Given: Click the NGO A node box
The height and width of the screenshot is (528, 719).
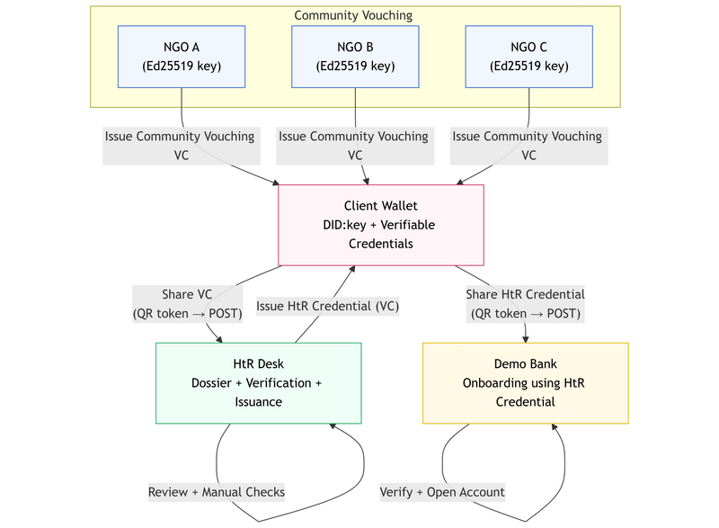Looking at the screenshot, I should [182, 56].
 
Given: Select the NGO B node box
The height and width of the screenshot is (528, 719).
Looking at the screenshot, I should [356, 56].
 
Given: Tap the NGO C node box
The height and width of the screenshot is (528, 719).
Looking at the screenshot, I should [528, 56].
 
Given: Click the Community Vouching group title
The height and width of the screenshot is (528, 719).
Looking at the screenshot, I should [355, 15].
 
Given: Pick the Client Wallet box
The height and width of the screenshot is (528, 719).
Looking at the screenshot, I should [381, 225].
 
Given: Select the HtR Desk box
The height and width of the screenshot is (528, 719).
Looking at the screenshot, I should [259, 382].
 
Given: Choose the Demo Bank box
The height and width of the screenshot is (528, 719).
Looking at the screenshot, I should [525, 382].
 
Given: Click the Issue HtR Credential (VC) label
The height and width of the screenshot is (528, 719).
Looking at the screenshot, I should [328, 306].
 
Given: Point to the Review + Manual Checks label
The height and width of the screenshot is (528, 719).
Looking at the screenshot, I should [217, 492].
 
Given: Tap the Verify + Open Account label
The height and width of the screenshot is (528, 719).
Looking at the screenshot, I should [442, 492].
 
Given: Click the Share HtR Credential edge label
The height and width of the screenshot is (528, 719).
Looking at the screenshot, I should [526, 304].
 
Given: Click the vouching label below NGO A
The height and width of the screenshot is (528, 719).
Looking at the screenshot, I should [180, 146].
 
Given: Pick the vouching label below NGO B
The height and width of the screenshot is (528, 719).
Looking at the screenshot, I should [353, 146].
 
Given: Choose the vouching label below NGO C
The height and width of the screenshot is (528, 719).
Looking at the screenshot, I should [527, 146].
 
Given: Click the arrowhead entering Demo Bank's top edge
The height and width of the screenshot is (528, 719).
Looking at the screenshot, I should [526, 338].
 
